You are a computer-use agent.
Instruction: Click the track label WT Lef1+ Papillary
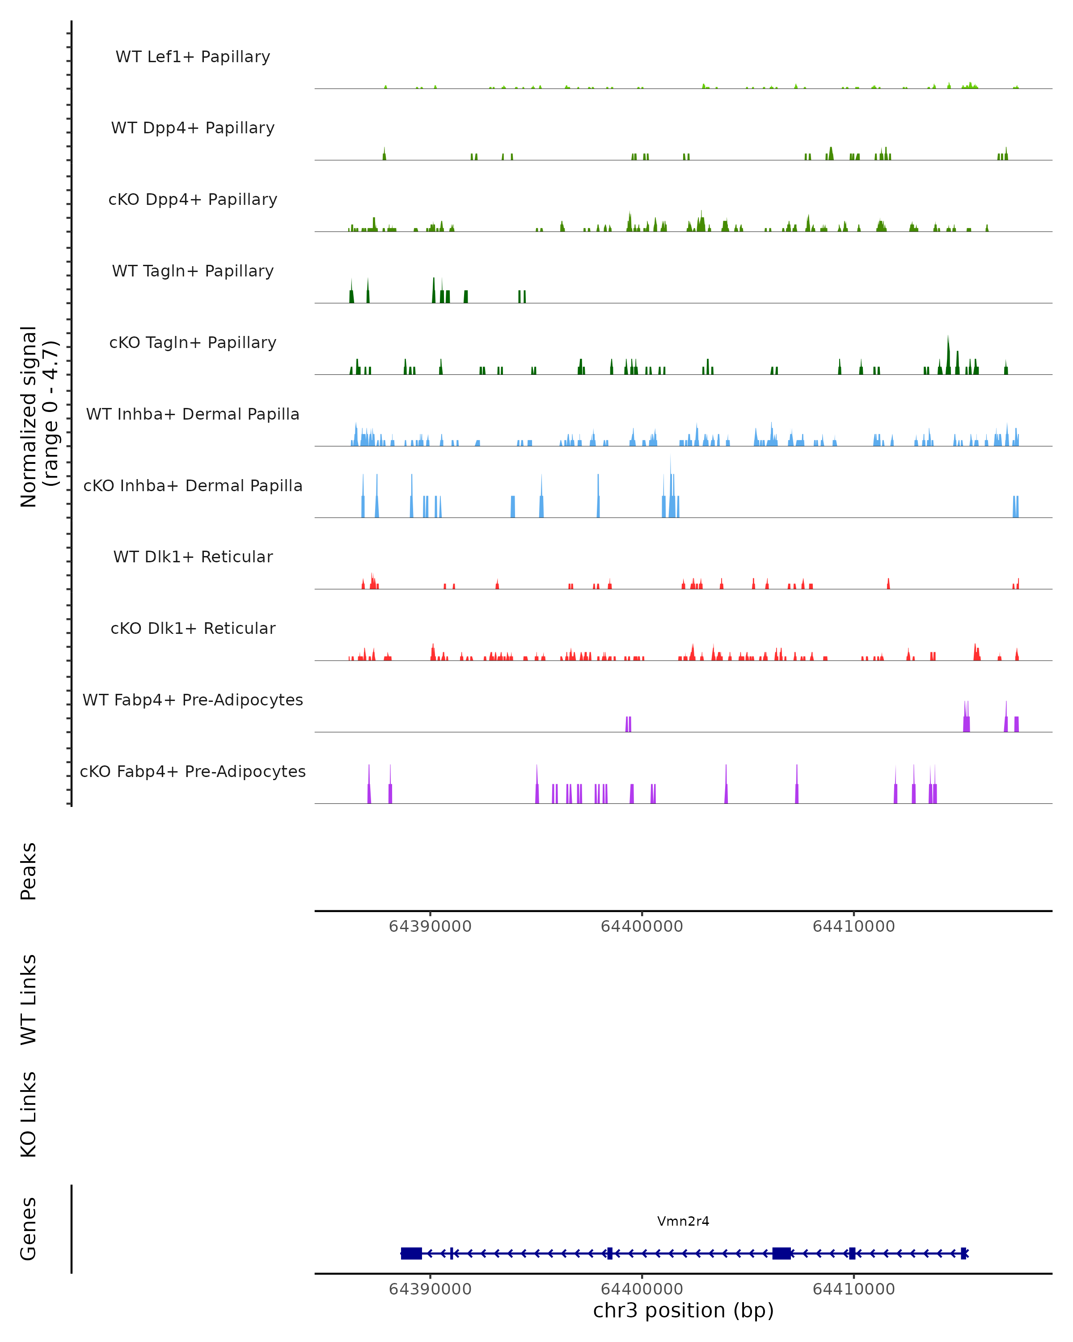(193, 57)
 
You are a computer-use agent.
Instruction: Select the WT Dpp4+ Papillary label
(193, 128)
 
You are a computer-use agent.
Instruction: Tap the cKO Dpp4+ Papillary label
(193, 200)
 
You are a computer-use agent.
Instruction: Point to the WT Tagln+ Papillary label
(193, 272)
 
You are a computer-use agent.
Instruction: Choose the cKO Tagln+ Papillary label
(193, 343)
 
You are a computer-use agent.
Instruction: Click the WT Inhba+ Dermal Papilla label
(193, 415)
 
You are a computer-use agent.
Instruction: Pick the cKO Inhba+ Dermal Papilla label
(193, 486)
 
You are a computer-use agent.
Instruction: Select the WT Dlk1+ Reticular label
(193, 557)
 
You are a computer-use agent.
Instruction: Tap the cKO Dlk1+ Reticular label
(193, 629)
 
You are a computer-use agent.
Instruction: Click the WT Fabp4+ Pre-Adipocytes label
(193, 700)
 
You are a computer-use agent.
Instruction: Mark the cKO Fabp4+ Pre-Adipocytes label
(193, 772)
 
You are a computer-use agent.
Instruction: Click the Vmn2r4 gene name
(683, 1221)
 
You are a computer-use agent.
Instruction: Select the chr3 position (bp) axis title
(683, 1310)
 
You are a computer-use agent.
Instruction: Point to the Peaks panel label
(29, 871)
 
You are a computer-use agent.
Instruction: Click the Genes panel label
(29, 1229)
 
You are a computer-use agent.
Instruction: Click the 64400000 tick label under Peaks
(642, 926)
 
